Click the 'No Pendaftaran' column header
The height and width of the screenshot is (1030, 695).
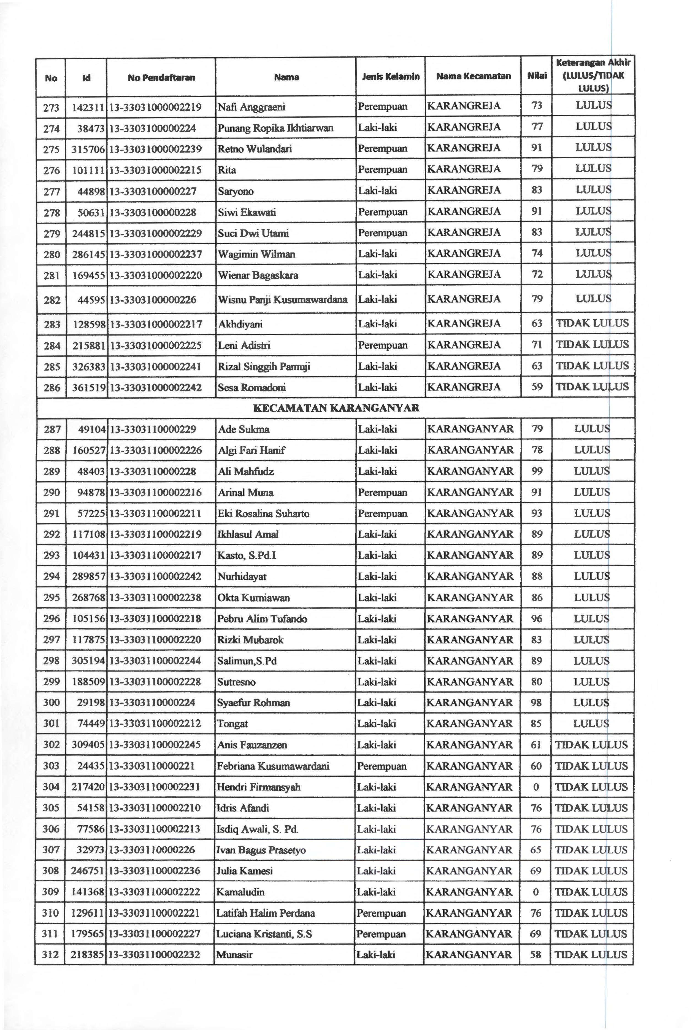coord(161,77)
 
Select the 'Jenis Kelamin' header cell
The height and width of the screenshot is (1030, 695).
coord(390,76)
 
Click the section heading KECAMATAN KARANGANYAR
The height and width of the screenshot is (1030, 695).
coord(336,408)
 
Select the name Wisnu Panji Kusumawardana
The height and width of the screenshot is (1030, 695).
coord(282,300)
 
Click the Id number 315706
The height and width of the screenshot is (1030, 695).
coord(88,149)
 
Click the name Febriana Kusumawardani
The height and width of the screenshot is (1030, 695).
coord(273,766)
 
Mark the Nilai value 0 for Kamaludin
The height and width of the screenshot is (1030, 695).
coord(536,892)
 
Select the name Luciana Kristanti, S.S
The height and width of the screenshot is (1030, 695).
coord(264,934)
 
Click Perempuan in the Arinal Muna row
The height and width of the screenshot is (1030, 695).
coord(382,492)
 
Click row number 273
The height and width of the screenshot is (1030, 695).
coord(52,107)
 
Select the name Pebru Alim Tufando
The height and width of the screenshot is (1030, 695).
coord(262,619)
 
